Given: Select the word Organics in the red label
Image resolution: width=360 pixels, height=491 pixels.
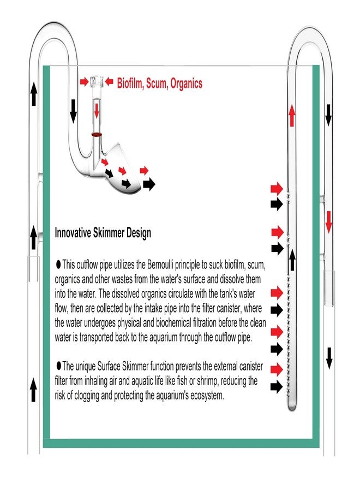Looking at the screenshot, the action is pos(186,83).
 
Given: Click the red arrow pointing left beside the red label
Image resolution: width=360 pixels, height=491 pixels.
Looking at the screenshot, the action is pos(109,82).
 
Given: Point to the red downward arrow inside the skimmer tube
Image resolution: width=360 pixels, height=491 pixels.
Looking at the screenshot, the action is pos(97,111).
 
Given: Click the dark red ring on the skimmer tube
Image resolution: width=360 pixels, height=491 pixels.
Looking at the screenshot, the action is pos(97,134).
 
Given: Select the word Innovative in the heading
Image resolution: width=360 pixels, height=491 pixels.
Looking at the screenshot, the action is pos(73,232).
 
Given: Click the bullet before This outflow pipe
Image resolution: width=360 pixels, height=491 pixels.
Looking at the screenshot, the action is pos(58,265).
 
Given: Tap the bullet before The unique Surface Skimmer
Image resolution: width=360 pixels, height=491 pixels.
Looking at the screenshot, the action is pos(58,365).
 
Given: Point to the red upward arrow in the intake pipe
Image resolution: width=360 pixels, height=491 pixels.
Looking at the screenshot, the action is pos(292,116).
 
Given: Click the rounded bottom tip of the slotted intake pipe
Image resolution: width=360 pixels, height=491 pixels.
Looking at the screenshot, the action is pos(292,408).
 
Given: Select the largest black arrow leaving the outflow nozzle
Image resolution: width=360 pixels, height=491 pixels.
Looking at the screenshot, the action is pos(149,184).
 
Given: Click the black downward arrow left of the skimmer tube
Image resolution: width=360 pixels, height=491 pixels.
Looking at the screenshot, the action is pos(73,111).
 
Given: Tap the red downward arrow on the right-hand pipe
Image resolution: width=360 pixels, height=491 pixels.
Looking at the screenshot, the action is pos(328,222).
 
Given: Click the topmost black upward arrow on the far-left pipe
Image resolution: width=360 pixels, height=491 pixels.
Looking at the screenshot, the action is pos(34,94).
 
